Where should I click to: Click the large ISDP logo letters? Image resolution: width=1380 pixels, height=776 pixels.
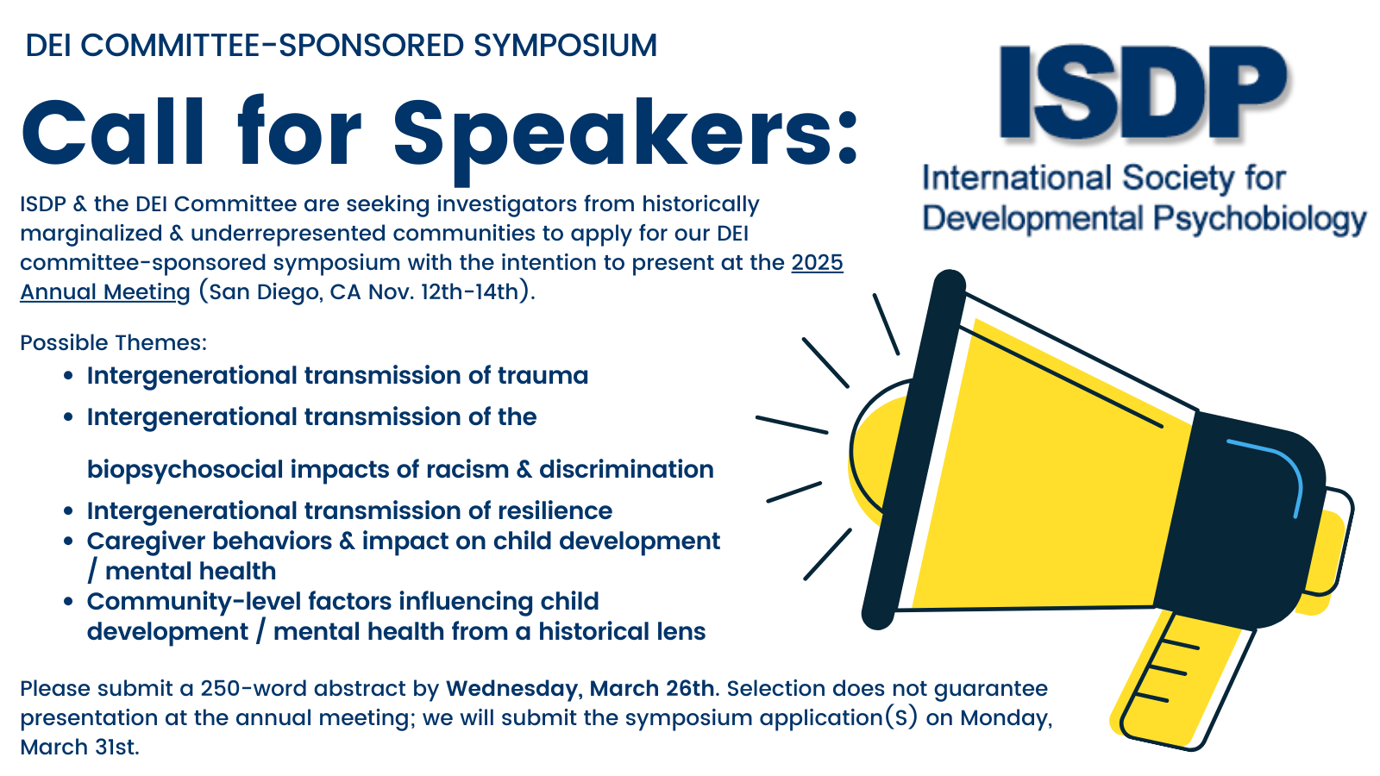click(x=1144, y=92)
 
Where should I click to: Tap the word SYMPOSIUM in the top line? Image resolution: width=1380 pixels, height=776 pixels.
click(x=566, y=46)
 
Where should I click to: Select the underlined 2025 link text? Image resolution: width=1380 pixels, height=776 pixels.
click(x=817, y=263)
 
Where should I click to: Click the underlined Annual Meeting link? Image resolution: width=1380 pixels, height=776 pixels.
click(x=104, y=292)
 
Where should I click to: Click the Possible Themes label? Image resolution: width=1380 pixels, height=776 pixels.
click(x=113, y=342)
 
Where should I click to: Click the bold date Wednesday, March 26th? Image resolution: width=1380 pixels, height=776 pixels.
click(x=580, y=689)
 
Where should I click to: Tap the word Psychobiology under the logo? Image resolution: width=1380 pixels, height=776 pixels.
click(x=1259, y=219)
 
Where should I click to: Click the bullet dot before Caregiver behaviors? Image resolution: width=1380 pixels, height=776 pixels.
click(x=68, y=542)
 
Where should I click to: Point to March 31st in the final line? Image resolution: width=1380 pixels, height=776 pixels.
click(x=79, y=747)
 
